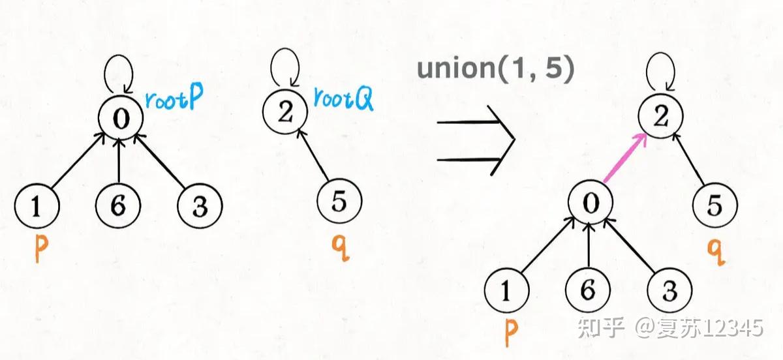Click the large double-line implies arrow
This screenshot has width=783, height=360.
475,140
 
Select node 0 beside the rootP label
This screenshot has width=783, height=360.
118,117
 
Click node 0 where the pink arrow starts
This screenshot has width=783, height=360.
590,203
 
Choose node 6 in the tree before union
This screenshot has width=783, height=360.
118,206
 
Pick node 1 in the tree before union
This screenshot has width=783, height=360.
37,206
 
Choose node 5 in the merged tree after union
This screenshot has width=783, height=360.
714,206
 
